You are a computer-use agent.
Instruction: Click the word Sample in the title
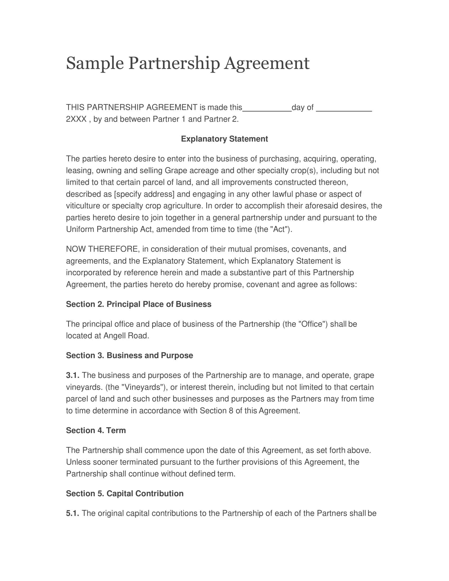(x=95, y=64)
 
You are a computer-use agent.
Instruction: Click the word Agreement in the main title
(x=266, y=64)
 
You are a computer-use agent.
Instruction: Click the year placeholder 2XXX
(x=76, y=119)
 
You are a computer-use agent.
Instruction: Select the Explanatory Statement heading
(x=224, y=139)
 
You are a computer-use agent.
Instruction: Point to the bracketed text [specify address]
(x=144, y=194)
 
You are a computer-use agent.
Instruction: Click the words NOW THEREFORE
(x=102, y=249)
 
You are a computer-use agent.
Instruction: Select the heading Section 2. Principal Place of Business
(x=138, y=304)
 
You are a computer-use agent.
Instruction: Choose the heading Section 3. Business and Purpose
(x=129, y=356)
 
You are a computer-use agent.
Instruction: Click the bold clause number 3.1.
(x=72, y=375)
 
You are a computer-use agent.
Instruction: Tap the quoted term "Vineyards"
(x=143, y=387)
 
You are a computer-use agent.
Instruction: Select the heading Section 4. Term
(x=96, y=430)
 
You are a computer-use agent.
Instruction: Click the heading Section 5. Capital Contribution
(x=124, y=494)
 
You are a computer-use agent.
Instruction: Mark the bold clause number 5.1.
(x=72, y=513)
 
